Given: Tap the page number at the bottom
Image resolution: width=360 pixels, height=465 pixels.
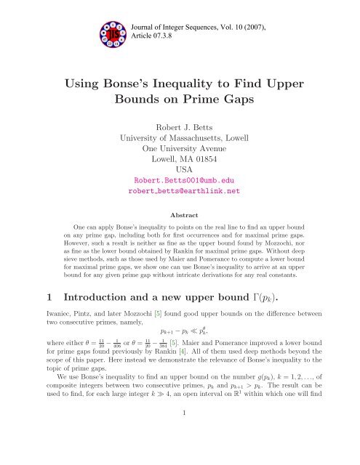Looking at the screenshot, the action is pyautogui.click(x=180, y=449).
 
